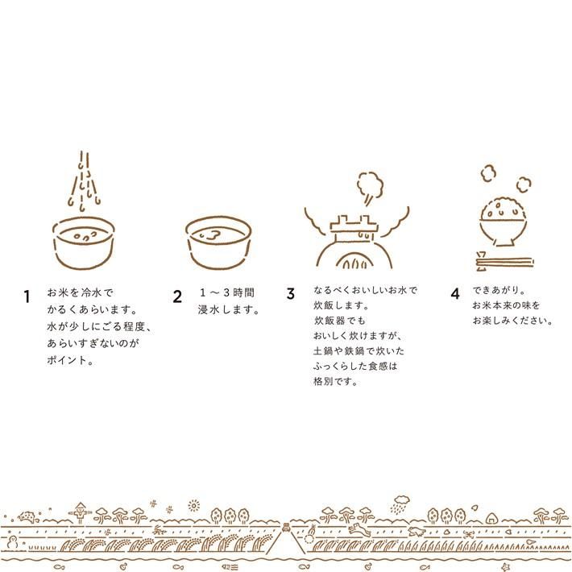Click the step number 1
click(x=27, y=296)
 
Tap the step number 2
click(x=177, y=296)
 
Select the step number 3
click(x=290, y=294)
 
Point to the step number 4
click(x=455, y=294)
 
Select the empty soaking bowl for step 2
click(x=218, y=242)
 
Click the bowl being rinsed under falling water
click(x=84, y=243)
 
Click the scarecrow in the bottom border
click(x=81, y=512)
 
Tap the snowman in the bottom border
click(x=12, y=541)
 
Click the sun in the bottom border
click(x=194, y=505)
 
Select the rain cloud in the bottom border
click(x=401, y=504)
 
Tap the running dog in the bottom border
click(x=358, y=528)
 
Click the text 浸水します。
click(x=228, y=309)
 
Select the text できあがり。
click(x=499, y=290)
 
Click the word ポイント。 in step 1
click(x=70, y=360)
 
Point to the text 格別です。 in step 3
click(x=335, y=382)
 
